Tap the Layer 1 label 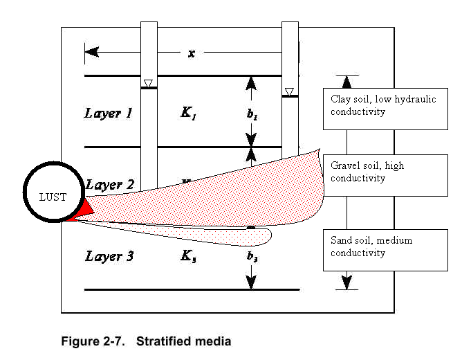click(109, 113)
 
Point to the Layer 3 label click(109, 256)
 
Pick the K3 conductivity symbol click(188, 257)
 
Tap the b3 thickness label click(251, 257)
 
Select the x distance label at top click(192, 53)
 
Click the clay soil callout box click(385, 108)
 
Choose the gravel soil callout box click(385, 174)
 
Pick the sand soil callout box click(385, 250)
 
